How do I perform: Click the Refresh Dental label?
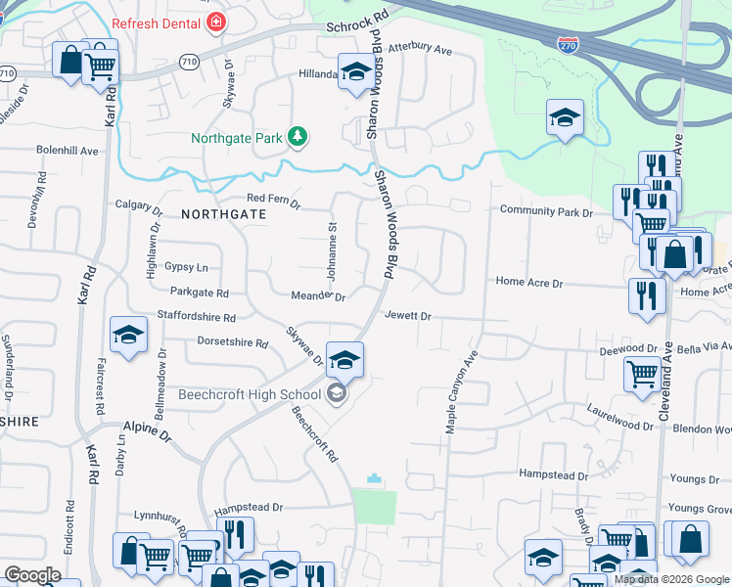[x=153, y=23]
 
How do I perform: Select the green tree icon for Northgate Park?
[x=297, y=138]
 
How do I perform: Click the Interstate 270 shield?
[x=566, y=44]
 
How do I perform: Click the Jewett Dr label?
[x=408, y=316]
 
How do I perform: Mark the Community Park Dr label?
[x=546, y=211]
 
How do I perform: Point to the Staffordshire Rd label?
[x=197, y=317]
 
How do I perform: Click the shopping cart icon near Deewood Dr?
[x=642, y=373]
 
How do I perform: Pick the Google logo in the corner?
[x=32, y=575]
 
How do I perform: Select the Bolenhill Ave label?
[x=68, y=152]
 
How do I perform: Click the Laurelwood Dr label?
[x=619, y=417]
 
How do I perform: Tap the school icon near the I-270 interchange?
[x=565, y=118]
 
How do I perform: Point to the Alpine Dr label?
[x=147, y=428]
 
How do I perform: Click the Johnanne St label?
[x=332, y=250]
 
